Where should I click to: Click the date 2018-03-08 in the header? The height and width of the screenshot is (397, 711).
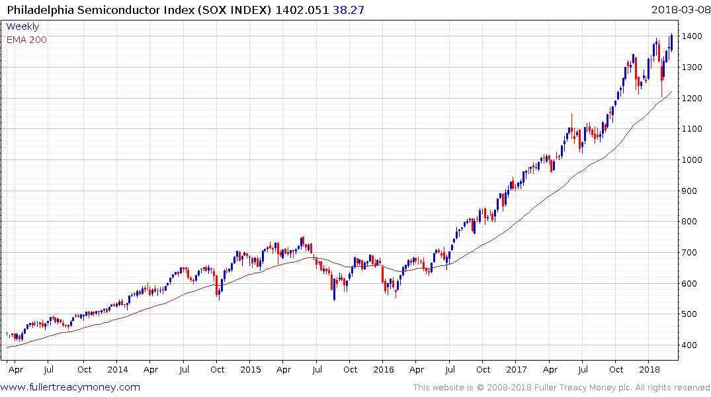[679, 9]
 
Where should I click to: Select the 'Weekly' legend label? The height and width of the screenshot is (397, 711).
[22, 26]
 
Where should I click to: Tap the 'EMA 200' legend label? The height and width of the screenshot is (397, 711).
[26, 40]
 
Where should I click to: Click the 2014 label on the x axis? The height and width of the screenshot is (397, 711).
[117, 369]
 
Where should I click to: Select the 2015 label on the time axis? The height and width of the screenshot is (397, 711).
[251, 369]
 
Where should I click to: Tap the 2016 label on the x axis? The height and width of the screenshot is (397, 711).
[384, 369]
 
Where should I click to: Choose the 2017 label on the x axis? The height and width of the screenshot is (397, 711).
[517, 369]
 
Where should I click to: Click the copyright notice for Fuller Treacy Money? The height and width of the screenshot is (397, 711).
[561, 388]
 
